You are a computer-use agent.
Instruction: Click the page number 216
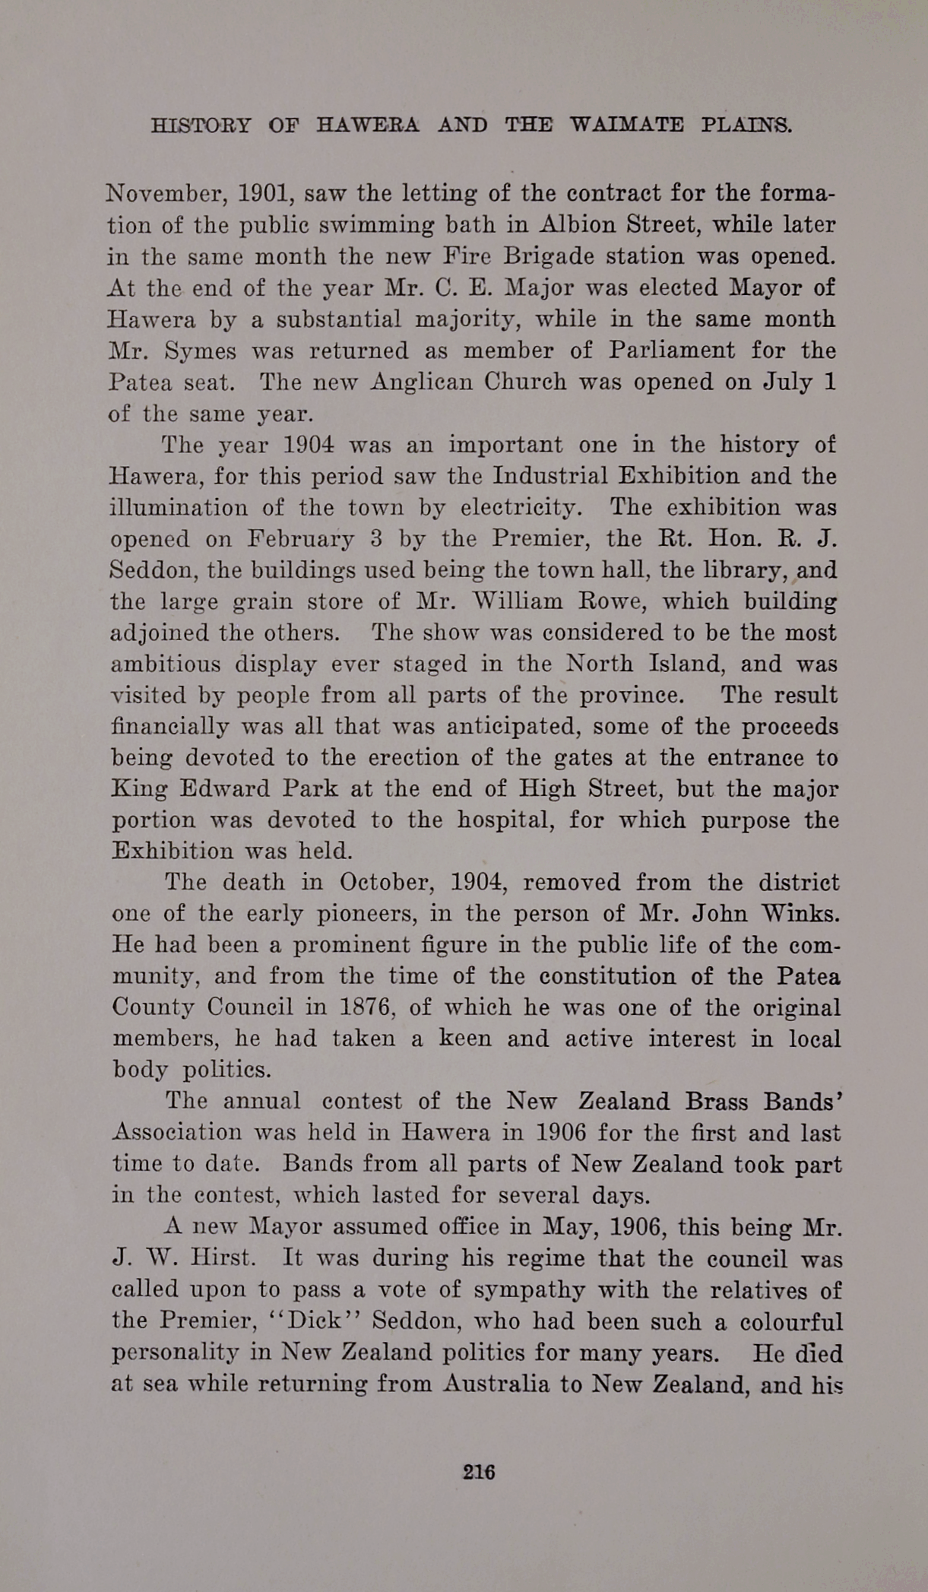click(479, 1472)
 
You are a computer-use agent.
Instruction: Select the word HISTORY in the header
click(201, 125)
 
